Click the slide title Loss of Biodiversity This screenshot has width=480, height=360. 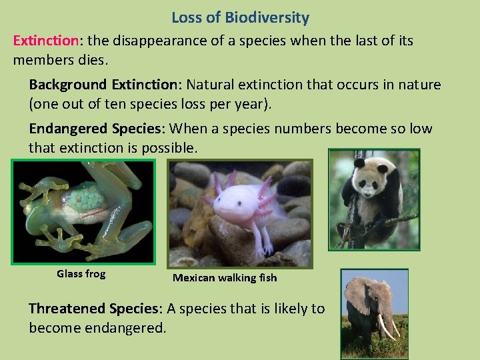point(240,18)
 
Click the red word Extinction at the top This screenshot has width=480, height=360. point(45,41)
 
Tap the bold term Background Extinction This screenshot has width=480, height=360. point(104,85)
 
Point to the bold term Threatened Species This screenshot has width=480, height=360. point(95,309)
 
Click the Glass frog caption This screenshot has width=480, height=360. point(81,274)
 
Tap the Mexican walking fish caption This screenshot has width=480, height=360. point(225,278)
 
